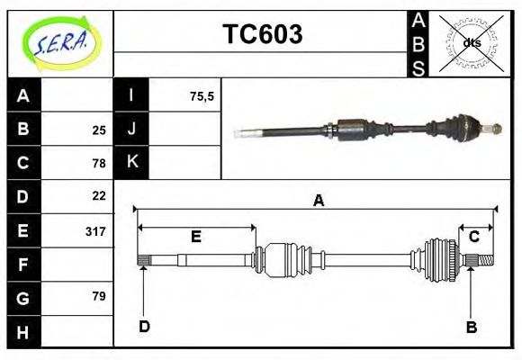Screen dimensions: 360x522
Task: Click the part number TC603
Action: pos(262,34)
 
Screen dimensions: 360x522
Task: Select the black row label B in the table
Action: pos(23,130)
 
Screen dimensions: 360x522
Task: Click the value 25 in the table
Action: pos(99,130)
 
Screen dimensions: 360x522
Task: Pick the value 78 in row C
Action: pos(99,163)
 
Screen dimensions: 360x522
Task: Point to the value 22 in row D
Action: pos(99,195)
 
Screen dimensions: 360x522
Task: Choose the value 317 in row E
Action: pos(95,231)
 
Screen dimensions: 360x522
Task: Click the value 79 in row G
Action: pos(99,296)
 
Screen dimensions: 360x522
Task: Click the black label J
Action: pos(131,129)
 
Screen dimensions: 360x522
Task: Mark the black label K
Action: pos(131,162)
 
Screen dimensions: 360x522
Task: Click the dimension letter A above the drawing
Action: pos(318,202)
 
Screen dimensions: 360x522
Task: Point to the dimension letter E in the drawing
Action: pos(195,237)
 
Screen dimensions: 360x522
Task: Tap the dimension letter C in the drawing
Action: pos(473,237)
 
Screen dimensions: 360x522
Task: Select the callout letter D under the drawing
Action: pos(144,326)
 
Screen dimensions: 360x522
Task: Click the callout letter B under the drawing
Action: pos(472,327)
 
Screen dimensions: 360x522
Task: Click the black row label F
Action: pos(23,264)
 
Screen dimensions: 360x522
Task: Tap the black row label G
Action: pos(23,297)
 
